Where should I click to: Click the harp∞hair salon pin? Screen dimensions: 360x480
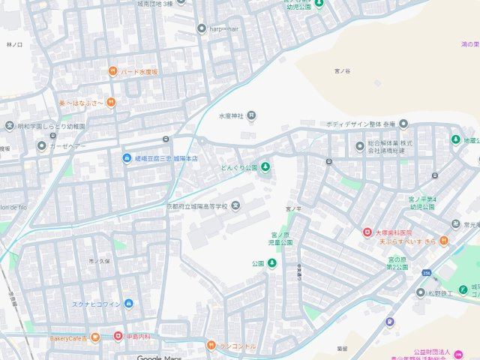201,28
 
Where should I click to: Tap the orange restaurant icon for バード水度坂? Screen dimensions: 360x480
112,71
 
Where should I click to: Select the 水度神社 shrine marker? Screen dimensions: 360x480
251,115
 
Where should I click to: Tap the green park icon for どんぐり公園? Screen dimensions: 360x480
265,166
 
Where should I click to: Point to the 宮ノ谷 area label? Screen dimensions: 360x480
342,71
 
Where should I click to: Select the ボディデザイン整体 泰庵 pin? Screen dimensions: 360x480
403,124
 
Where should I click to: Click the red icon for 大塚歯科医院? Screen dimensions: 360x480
367,232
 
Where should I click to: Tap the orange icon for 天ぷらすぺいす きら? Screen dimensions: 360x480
444,241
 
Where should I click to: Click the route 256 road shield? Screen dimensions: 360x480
426,273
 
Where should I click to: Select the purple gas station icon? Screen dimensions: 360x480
389,322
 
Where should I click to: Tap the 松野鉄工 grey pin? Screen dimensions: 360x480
421,292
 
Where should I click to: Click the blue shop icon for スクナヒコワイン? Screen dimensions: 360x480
128,303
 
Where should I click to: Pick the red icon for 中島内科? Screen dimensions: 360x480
118,336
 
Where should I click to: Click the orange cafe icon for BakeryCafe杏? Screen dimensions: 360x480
95,338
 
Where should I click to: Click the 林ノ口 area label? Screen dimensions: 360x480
14,45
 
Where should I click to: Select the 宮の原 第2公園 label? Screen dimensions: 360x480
397,263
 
